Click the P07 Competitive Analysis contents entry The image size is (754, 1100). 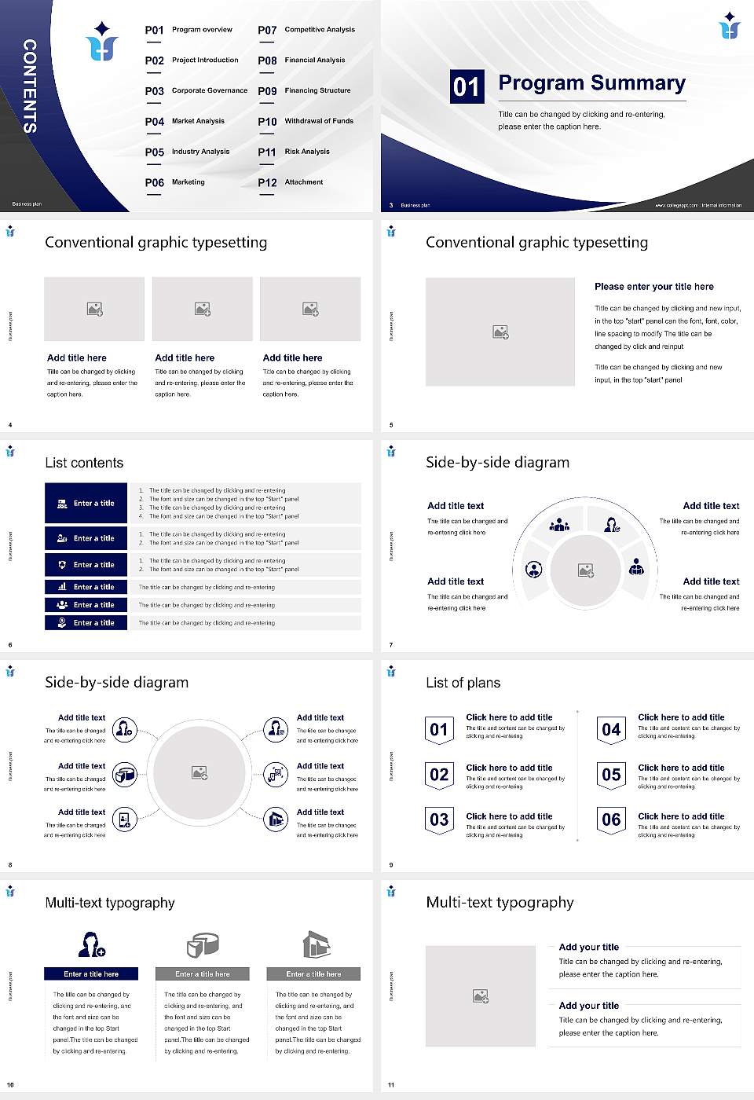(306, 30)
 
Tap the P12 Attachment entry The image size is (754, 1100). (291, 182)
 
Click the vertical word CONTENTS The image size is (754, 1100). (30, 86)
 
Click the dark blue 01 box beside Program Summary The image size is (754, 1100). (467, 86)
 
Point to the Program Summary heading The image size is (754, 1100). (591, 83)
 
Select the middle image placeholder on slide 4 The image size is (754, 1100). (203, 309)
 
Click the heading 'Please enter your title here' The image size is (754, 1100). (653, 287)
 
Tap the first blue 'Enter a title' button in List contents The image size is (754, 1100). (86, 503)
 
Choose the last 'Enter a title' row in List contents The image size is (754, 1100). (86, 623)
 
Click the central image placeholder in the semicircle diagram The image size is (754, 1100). (586, 570)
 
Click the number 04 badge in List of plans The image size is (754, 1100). (611, 730)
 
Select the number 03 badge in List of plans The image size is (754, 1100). (439, 819)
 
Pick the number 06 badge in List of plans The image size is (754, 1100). (611, 819)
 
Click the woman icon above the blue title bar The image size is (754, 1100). (91, 944)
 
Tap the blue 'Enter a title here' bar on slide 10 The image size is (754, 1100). (91, 974)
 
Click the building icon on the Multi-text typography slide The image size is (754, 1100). (316, 944)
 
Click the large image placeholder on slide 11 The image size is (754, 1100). (481, 996)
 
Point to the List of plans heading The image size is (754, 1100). (463, 683)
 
